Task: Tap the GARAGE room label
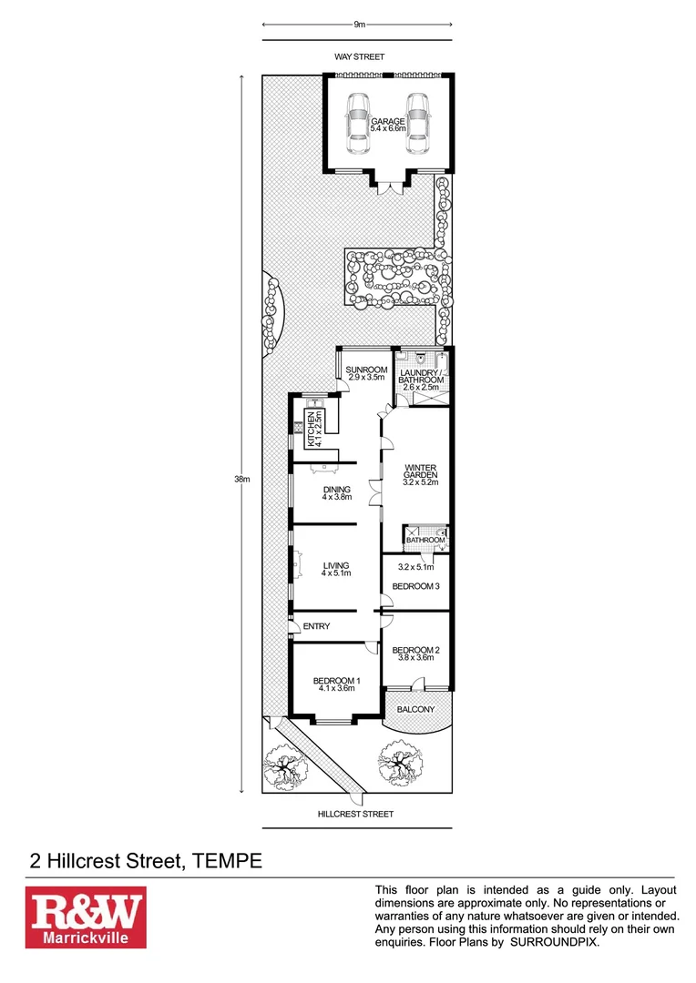click(x=388, y=121)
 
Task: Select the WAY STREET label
click(x=359, y=56)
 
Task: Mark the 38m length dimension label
click(x=241, y=479)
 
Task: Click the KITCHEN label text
click(x=311, y=427)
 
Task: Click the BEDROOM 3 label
click(x=415, y=586)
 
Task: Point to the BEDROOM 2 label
click(x=415, y=650)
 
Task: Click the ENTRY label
click(x=316, y=626)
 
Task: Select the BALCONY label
click(x=415, y=709)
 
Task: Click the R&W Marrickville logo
click(x=85, y=917)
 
